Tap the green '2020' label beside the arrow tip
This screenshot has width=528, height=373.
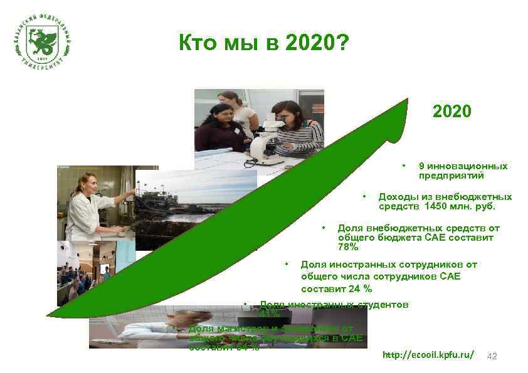[x=451, y=112]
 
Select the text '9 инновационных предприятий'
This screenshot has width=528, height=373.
[x=463, y=171]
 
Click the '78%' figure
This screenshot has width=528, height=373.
[x=348, y=248]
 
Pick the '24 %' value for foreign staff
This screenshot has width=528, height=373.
[x=359, y=289]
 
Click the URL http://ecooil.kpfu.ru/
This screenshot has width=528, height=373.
[x=428, y=355]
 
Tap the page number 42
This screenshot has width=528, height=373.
[x=492, y=356]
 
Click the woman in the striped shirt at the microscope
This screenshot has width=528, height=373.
[x=295, y=129]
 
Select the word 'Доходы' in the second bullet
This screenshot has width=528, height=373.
[x=397, y=196]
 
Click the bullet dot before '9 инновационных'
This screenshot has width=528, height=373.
[x=404, y=166]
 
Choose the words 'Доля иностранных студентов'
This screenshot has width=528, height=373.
[x=334, y=305]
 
